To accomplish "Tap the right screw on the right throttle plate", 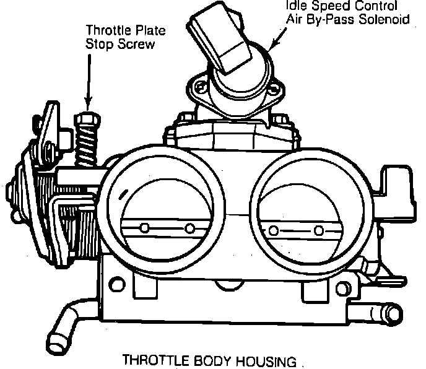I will pos(318,231).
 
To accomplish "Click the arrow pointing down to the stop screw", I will pos(89,80).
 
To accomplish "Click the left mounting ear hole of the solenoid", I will pos(199,87).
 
